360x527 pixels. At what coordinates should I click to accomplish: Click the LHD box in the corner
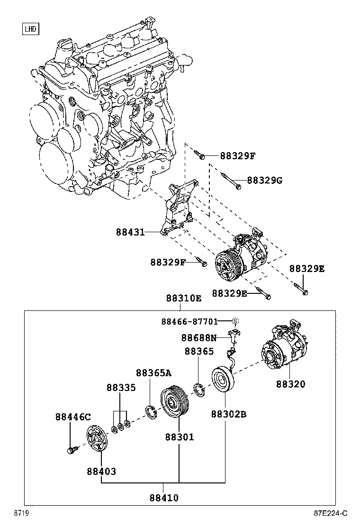(x=31, y=29)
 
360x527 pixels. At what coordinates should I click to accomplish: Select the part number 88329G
(x=264, y=181)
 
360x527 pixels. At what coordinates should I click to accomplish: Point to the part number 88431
(x=130, y=232)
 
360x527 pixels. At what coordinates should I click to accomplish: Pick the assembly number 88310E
(x=183, y=299)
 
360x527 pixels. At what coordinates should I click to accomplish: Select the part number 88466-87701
(x=189, y=322)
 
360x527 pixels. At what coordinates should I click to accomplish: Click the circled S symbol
(x=235, y=321)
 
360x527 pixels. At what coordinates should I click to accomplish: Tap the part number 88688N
(x=199, y=338)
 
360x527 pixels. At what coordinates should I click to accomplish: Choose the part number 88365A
(x=153, y=373)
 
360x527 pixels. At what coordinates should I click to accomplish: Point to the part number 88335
(x=121, y=388)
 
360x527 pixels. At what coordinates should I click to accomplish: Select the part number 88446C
(x=72, y=417)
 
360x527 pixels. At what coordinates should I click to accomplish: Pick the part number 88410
(x=164, y=498)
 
